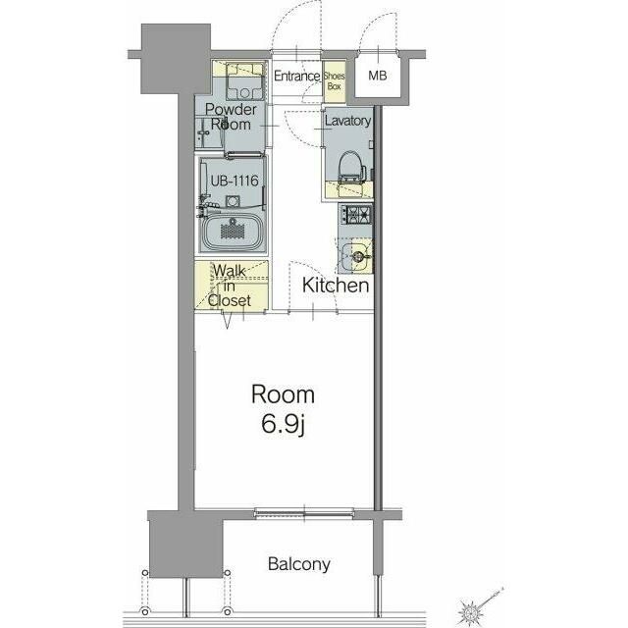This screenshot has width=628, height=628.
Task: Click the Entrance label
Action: click(296, 76)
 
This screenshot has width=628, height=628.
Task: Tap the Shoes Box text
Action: click(334, 80)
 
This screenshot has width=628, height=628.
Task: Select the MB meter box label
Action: click(377, 75)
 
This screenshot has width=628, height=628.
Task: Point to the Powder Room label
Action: click(231, 116)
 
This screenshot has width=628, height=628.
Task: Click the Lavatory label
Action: click(347, 121)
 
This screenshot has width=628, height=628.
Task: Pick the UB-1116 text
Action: click(235, 181)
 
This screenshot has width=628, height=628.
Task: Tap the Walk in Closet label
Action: click(230, 286)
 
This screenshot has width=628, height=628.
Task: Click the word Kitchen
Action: click(336, 286)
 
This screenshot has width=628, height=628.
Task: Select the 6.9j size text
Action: click(284, 425)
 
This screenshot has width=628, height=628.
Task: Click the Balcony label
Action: click(299, 564)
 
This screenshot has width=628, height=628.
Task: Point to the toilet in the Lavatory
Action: click(351, 167)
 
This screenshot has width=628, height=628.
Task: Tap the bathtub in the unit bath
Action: click(232, 233)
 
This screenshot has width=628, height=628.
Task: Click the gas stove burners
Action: click(356, 214)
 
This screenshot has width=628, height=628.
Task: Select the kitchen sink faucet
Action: click(359, 255)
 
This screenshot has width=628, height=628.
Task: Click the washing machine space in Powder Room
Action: click(244, 81)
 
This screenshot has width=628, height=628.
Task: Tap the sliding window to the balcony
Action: click(304, 512)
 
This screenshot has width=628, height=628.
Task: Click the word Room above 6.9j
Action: click(283, 394)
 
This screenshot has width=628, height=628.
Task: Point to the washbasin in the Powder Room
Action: click(208, 133)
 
